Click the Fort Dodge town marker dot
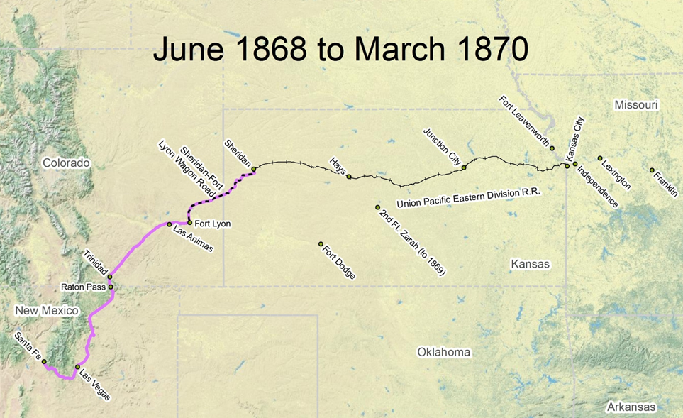point(321,244)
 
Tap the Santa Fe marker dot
point(44,362)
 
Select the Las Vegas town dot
point(78,367)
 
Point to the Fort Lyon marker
point(189,222)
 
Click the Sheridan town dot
point(254,169)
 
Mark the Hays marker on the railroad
point(348,177)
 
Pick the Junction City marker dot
point(464,167)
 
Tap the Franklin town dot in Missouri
point(652,170)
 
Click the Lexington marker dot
point(600,158)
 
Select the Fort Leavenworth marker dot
point(552,148)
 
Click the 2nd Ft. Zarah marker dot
point(378,207)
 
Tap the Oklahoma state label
point(443,352)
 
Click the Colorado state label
point(66,163)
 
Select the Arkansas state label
point(631,407)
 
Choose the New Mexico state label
point(47,311)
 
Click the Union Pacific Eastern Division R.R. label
point(465,202)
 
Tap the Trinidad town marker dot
point(110,277)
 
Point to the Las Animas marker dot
point(170,224)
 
